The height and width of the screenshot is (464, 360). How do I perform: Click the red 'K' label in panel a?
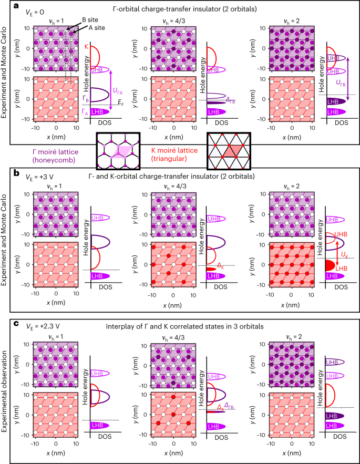86,47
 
